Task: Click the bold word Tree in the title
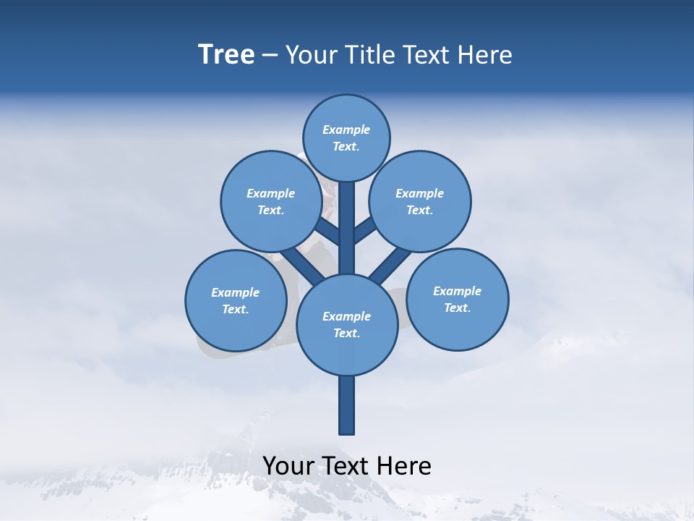(226, 54)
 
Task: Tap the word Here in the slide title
(486, 55)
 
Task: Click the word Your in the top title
(310, 55)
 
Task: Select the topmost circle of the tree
(346, 137)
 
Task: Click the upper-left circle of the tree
(270, 201)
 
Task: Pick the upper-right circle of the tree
(420, 201)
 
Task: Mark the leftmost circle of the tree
(236, 300)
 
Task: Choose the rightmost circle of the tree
(457, 299)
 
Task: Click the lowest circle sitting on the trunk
(347, 324)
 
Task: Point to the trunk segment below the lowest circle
(347, 405)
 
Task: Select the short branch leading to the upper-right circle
(364, 230)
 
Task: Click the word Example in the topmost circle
(346, 130)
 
